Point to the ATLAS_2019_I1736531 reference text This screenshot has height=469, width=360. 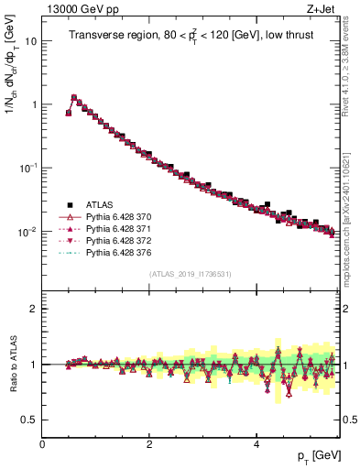tap(190, 274)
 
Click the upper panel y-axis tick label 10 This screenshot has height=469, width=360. tap(31, 41)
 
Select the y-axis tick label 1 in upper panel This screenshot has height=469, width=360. tap(34, 104)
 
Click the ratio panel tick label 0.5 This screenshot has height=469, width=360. tap(29, 420)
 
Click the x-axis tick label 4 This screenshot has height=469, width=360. tap(256, 443)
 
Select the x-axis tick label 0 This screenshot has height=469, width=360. tap(43, 443)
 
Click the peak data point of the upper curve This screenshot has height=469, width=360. tap(74, 97)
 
